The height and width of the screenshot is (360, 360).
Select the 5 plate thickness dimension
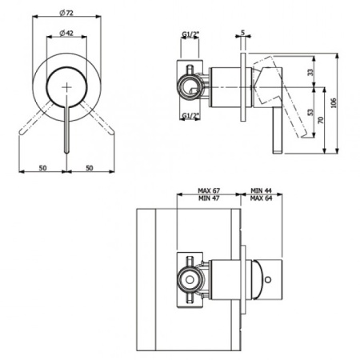[242, 33]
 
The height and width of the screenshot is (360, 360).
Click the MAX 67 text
[210, 191]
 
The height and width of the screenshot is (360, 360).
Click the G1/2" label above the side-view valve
[190, 34]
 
